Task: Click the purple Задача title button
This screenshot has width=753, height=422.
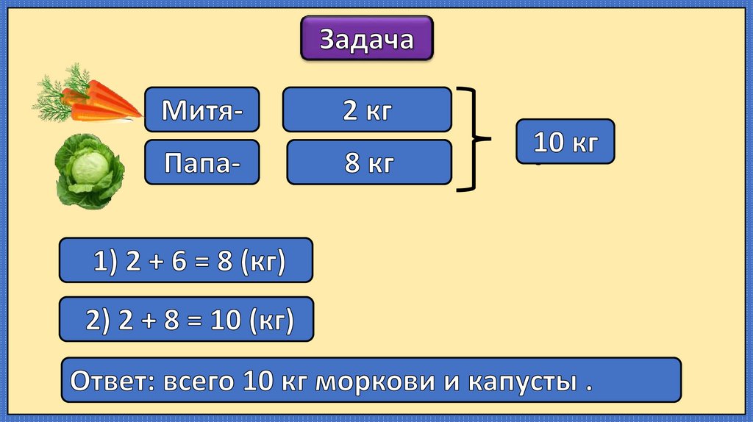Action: [366, 40]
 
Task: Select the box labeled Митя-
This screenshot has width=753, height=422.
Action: [201, 111]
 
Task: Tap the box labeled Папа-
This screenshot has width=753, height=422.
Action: [201, 162]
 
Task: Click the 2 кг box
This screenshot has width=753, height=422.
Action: [366, 110]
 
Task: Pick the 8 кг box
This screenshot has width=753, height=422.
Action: [368, 162]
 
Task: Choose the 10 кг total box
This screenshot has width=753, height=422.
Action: [565, 141]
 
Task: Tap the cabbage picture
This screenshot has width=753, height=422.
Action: [90, 171]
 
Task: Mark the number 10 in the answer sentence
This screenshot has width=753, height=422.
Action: [255, 381]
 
